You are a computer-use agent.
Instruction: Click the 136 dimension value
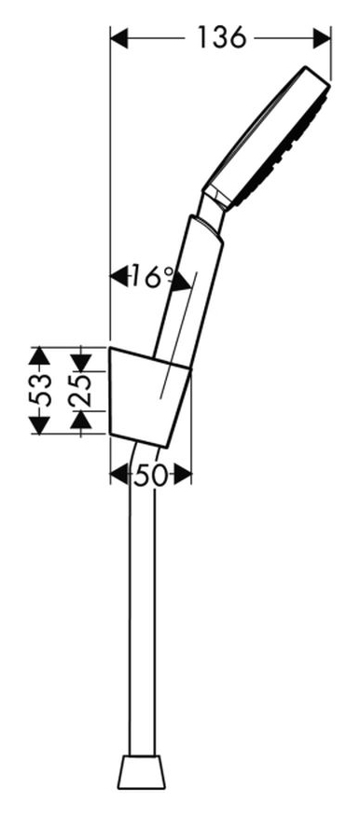(221, 38)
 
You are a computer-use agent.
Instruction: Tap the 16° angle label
(152, 276)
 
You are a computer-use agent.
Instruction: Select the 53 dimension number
(40, 390)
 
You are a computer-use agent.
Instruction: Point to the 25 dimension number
(80, 391)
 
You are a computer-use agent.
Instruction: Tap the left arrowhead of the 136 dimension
(119, 38)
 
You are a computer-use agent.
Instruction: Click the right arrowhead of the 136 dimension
(322, 38)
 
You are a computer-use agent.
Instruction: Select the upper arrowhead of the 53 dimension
(39, 356)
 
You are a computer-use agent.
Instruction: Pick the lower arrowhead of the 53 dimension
(39, 425)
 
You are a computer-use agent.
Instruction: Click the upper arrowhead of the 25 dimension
(81, 362)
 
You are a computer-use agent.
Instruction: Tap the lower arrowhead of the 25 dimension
(81, 420)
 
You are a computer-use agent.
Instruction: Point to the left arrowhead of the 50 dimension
(119, 475)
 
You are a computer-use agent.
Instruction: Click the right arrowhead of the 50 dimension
(183, 475)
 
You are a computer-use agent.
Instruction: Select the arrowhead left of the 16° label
(119, 276)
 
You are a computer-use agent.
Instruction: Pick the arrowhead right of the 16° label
(181, 281)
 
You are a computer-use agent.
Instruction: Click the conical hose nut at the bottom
(142, 771)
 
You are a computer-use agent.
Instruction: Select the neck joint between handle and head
(212, 211)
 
